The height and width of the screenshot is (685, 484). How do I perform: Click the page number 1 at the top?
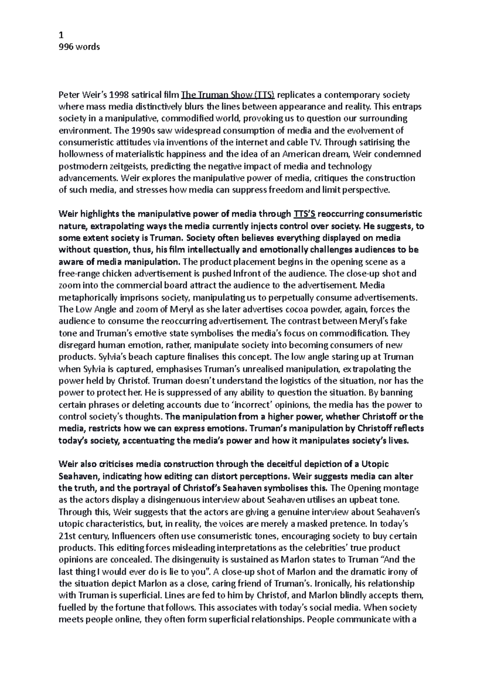[61, 35]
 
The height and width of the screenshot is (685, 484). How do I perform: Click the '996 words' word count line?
[79, 47]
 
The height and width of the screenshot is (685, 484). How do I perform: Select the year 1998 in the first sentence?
[119, 95]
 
